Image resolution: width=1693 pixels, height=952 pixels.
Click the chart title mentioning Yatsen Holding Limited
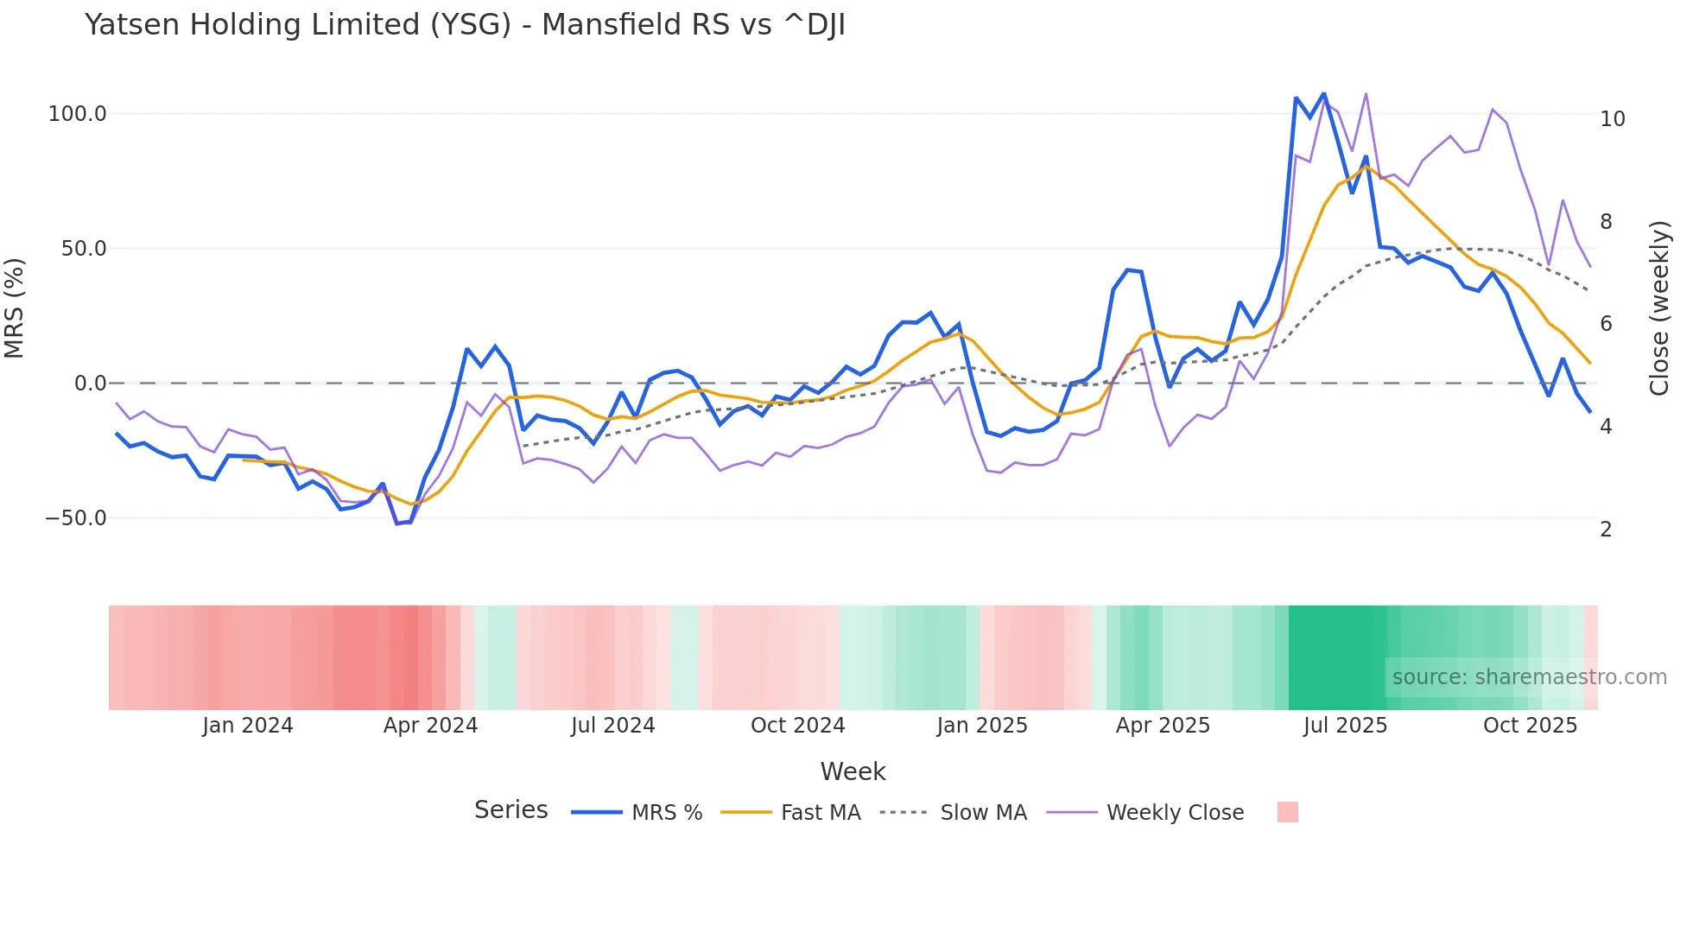[x=465, y=25]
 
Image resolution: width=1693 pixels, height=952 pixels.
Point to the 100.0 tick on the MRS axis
[x=78, y=114]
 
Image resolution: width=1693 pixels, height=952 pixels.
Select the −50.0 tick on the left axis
[x=76, y=518]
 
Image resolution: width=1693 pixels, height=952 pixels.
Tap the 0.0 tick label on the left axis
[x=90, y=384]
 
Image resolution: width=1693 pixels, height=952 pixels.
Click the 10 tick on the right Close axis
[x=1612, y=119]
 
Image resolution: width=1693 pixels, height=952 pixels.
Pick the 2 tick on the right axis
[x=1606, y=530]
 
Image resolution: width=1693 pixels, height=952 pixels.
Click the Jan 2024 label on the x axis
[x=248, y=726]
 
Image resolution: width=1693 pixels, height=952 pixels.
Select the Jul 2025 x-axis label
[x=1345, y=726]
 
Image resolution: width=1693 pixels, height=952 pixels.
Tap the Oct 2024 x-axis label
[x=797, y=726]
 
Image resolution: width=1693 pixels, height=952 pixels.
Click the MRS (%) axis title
[x=15, y=308]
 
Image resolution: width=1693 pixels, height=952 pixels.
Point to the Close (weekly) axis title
[x=1658, y=308]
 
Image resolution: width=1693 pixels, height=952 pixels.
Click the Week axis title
[x=853, y=771]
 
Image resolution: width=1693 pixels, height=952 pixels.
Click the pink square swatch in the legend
[x=1287, y=812]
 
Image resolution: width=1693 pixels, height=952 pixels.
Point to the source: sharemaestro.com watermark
[x=1529, y=677]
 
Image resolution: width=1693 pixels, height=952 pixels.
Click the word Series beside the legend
[x=510, y=810]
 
